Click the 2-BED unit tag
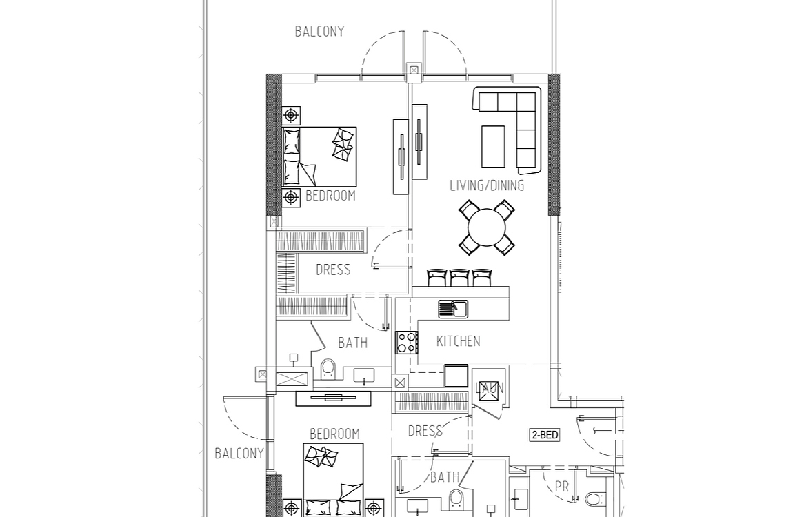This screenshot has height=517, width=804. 545,435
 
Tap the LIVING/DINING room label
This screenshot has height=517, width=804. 487,185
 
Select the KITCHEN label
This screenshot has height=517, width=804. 459,341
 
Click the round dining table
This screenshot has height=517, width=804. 487,228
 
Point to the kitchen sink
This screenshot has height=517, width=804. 453,310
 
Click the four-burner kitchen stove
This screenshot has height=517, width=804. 407,343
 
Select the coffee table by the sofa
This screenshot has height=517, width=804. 493,146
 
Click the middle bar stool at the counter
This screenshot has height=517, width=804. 459,278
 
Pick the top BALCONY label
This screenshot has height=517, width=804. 319,32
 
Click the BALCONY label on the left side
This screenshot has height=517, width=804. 239,454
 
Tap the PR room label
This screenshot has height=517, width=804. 562,487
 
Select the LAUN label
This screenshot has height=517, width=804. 490,388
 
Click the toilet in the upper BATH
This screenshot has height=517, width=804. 328,369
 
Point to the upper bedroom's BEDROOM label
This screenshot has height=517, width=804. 331,196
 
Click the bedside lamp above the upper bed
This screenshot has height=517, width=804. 291,115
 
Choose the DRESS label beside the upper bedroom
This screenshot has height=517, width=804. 333,270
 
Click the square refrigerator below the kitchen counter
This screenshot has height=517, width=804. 456,376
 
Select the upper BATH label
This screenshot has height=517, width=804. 353,343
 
